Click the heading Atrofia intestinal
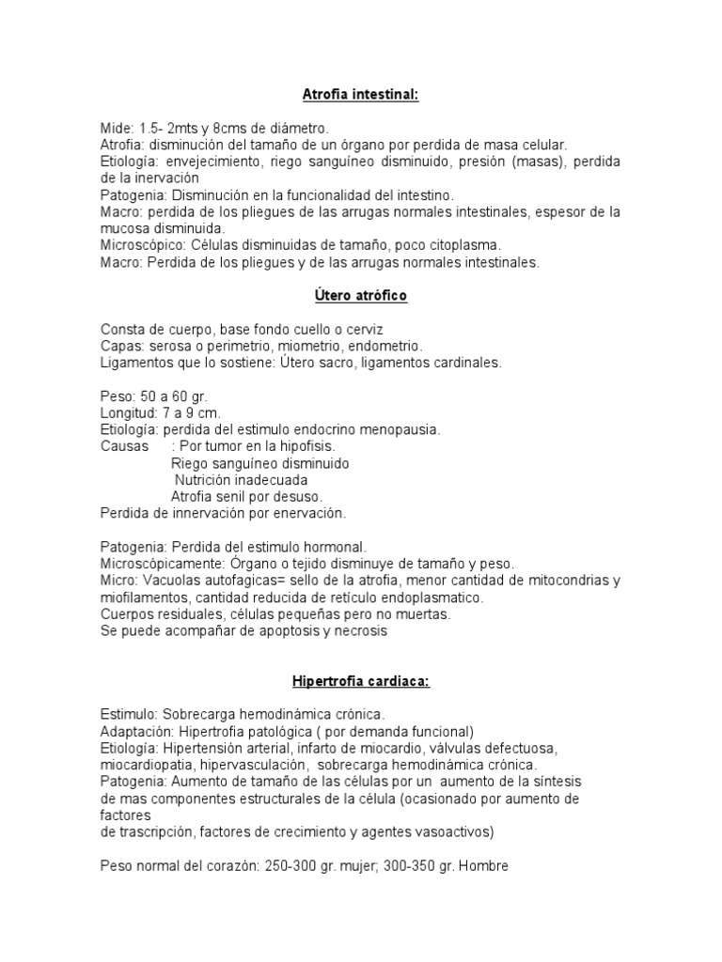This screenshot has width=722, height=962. [360, 95]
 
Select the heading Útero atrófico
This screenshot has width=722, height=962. [360, 297]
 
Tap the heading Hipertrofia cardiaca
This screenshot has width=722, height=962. [360, 682]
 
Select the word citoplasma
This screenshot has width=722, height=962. [460, 246]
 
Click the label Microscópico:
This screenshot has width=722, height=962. [143, 246]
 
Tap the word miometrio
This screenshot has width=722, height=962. [311, 347]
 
